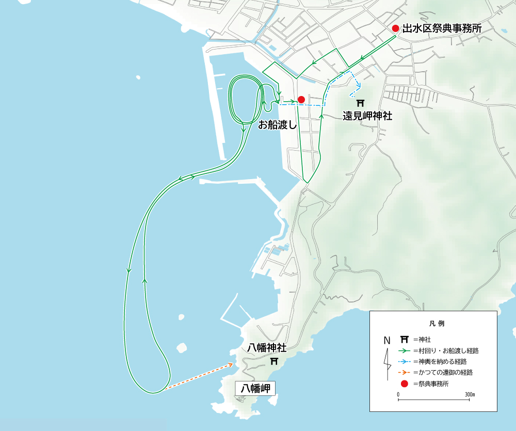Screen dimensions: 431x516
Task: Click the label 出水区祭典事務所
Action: [442, 29]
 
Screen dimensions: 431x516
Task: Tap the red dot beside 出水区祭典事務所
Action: [396, 28]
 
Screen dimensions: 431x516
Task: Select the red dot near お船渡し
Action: [301, 99]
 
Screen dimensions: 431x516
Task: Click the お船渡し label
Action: [277, 124]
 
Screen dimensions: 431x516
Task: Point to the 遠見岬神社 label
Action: [367, 116]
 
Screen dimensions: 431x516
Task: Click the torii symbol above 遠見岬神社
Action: [360, 103]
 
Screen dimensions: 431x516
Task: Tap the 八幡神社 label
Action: [267, 348]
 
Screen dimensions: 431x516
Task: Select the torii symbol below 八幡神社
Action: [275, 361]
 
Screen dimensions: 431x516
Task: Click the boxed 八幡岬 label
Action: [255, 388]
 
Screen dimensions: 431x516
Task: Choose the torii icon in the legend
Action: [405, 340]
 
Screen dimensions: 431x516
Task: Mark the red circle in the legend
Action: [405, 384]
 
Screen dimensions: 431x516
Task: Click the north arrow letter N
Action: [386, 340]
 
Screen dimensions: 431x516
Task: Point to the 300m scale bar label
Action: [469, 394]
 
